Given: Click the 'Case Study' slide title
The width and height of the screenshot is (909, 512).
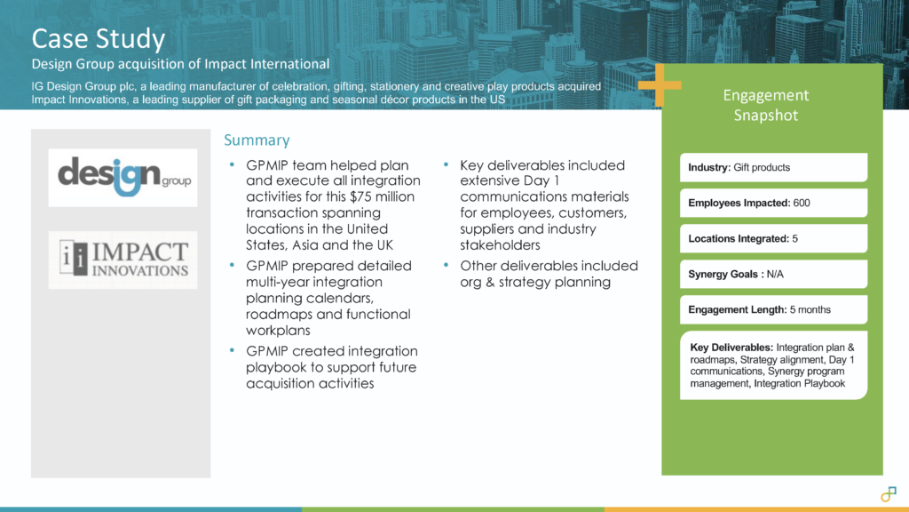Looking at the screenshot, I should [98, 39].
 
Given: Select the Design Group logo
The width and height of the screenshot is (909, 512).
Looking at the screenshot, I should [123, 178].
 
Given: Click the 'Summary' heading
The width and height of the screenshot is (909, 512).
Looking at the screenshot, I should [257, 140].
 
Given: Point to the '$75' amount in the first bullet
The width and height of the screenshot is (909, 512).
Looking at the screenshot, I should [365, 197].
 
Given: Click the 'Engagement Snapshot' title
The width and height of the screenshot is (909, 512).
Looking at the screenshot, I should [766, 105].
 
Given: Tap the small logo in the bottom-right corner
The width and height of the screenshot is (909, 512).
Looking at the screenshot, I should [888, 492].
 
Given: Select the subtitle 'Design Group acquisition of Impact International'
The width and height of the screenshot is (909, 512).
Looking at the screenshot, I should [180, 64].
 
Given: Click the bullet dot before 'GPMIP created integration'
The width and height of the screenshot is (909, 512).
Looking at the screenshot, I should [233, 351].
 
